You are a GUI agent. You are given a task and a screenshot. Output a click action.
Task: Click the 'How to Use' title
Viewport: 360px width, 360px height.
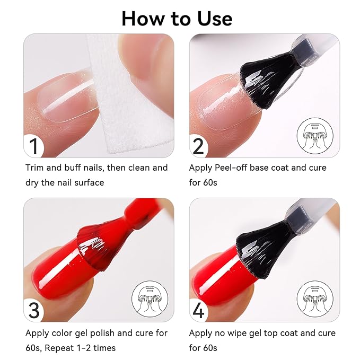177,19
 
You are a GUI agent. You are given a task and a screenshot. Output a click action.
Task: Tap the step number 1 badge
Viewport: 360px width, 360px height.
34,145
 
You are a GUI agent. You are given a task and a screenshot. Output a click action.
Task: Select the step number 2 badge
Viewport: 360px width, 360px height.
198,145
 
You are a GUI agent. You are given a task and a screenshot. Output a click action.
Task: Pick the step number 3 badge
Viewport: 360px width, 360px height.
34,310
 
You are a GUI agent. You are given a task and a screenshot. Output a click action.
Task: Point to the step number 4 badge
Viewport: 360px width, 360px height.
198,310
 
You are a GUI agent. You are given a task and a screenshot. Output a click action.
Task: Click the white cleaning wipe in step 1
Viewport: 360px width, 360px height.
125,95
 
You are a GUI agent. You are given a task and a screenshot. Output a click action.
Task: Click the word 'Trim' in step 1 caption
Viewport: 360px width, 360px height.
35,168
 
